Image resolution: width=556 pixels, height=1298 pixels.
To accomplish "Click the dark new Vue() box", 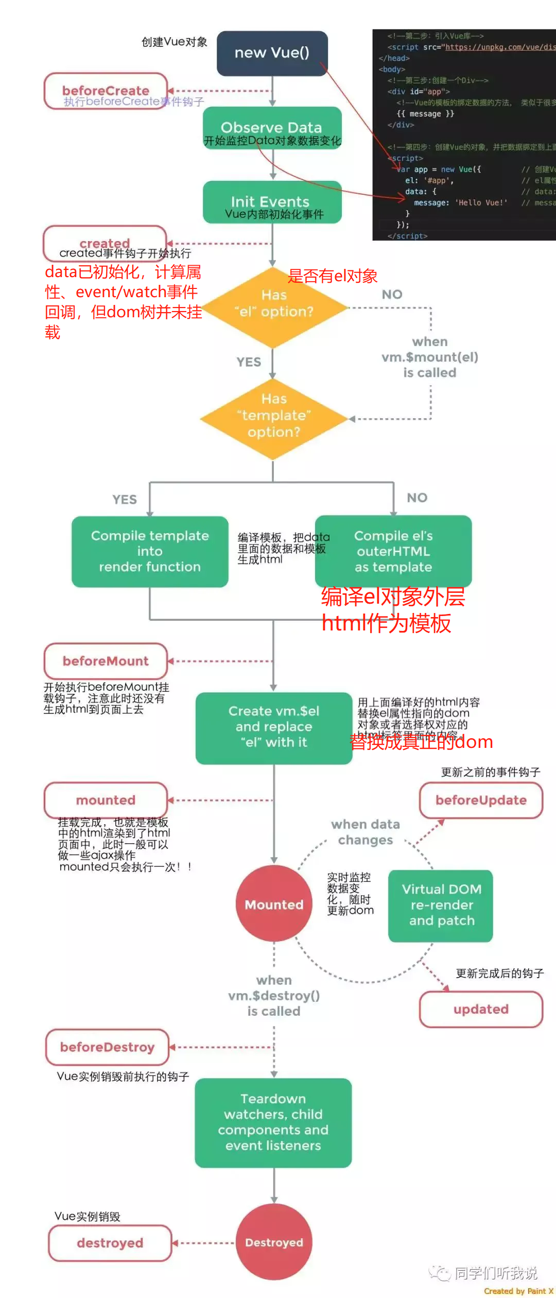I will [272, 53].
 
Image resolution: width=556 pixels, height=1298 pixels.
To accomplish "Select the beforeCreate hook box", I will [106, 91].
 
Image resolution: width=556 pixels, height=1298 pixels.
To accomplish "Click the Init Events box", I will [272, 202].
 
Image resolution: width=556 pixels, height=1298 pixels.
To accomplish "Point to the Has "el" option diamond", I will [273, 308].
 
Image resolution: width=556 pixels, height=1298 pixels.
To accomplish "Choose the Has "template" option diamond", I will [273, 419].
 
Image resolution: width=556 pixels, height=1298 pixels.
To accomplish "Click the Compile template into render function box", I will [150, 551].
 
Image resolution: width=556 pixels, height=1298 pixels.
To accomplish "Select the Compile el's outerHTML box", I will [393, 551].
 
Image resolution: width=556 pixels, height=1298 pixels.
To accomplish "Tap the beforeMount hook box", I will [106, 661].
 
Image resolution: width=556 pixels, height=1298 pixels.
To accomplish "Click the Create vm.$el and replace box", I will [274, 727].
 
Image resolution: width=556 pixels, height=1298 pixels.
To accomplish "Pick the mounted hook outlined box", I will [106, 800].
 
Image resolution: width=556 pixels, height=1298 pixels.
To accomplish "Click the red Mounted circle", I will [274, 904].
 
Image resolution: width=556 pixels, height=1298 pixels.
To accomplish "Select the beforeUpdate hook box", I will [481, 800].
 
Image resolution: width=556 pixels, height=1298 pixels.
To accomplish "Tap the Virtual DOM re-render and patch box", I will [441, 905].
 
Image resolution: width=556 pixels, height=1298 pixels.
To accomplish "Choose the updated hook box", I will [481, 1009].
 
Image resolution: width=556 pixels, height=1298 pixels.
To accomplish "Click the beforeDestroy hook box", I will [107, 1047].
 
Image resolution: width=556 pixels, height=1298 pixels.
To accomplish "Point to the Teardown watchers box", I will [273, 1122].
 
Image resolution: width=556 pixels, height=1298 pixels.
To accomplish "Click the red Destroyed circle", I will [274, 1242].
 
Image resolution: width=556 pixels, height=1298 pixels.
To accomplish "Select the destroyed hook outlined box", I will [110, 1243].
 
